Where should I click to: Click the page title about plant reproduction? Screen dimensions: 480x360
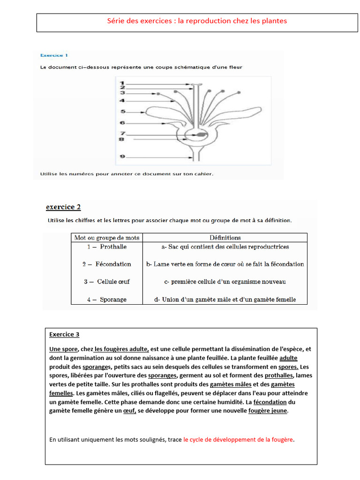tap(197, 21)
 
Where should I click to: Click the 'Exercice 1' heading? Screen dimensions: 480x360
tap(54, 55)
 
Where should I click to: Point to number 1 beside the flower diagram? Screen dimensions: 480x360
tap(122, 83)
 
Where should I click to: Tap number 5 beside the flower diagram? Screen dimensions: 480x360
tap(122, 112)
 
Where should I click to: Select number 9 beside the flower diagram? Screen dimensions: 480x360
tap(122, 157)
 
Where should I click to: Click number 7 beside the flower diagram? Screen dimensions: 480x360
tap(122, 134)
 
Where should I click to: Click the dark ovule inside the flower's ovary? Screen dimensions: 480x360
tap(201, 135)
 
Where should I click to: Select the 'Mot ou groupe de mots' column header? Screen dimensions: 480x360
tap(107, 238)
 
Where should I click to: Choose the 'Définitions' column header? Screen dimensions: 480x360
tap(225, 238)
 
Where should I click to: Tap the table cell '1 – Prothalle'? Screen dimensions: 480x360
tap(107, 247)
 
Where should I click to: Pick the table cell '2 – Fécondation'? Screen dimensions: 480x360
tap(107, 264)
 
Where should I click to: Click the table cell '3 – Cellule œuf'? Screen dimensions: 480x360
tap(107, 282)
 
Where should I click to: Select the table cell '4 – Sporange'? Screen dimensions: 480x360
tap(107, 300)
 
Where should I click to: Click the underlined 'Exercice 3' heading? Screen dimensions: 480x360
tap(64, 334)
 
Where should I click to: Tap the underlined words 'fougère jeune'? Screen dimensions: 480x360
tap(268, 411)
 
